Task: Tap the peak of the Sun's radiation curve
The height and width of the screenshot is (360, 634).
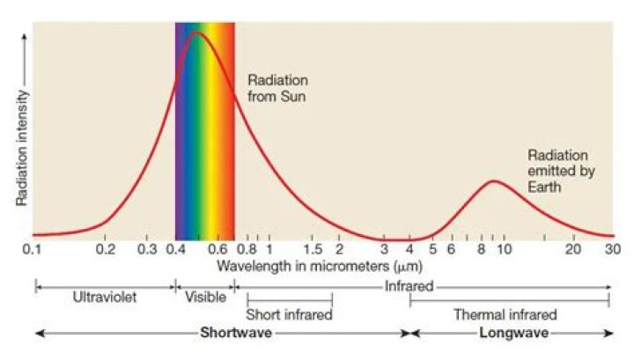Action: (x=196, y=33)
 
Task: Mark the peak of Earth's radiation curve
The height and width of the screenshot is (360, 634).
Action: (x=495, y=180)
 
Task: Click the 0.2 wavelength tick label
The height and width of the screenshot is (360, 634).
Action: (x=105, y=250)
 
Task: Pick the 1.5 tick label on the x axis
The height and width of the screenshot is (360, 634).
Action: (x=313, y=250)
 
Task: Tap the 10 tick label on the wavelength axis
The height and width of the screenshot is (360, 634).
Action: (x=505, y=250)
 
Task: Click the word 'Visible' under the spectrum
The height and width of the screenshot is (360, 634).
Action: (x=205, y=297)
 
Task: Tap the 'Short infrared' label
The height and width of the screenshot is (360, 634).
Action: (x=289, y=314)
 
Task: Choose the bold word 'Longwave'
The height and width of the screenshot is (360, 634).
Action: (x=514, y=334)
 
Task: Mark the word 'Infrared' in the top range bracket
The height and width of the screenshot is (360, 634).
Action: (x=409, y=287)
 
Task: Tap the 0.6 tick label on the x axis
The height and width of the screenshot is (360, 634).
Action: (x=217, y=250)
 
